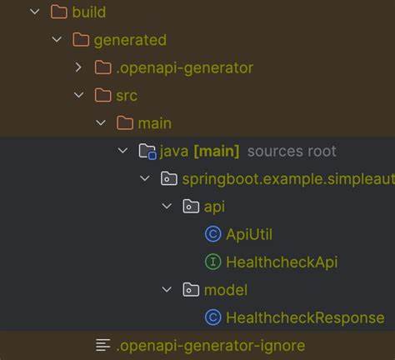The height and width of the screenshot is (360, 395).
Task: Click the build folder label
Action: point(88,12)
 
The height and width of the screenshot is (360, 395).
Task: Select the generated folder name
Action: point(130,39)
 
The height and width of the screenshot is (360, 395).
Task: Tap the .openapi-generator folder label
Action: point(184,67)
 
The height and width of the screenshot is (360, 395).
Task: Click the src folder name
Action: point(127,95)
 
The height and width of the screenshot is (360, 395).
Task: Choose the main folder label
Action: point(155,122)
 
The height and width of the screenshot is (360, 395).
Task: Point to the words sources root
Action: point(292,151)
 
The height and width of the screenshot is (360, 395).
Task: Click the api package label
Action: point(214,206)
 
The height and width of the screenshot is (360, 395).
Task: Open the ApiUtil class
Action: point(249,234)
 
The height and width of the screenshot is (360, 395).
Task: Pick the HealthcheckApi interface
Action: point(282,262)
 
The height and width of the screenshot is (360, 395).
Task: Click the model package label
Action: point(226,289)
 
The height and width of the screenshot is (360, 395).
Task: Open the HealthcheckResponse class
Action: point(305,317)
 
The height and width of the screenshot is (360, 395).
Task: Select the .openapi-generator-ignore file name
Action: point(211,345)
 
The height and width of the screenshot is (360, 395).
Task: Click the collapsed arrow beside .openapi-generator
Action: point(78,67)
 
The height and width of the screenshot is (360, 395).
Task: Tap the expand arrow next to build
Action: point(34,12)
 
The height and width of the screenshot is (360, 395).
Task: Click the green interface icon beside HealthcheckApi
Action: point(212,262)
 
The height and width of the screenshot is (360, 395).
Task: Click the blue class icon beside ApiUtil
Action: point(212,234)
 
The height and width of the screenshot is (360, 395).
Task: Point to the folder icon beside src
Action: point(102,95)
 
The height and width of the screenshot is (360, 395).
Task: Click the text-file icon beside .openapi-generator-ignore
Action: point(102,345)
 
